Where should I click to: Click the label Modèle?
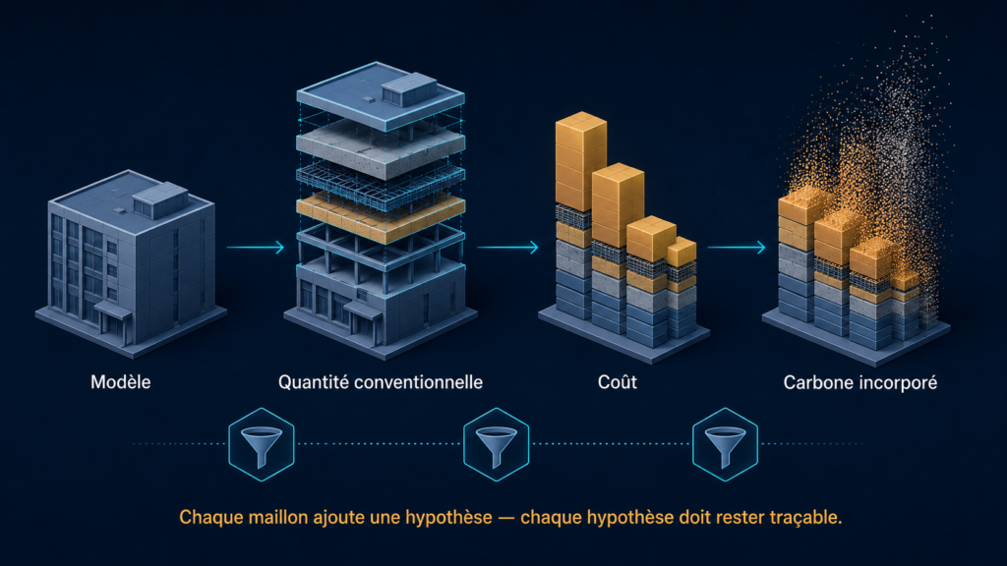click(121, 382)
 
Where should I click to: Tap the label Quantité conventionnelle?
click(381, 382)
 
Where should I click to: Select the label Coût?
click(618, 382)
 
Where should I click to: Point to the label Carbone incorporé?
click(859, 383)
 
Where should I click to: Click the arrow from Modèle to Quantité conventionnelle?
click(255, 247)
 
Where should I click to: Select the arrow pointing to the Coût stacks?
click(508, 247)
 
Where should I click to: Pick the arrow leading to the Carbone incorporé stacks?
click(737, 247)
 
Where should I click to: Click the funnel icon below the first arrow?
click(262, 444)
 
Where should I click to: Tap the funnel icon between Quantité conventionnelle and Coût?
click(496, 444)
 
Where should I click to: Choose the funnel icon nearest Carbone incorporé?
click(725, 444)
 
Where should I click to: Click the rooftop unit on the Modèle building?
click(160, 199)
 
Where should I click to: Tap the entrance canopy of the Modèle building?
click(114, 311)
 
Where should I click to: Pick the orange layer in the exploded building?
click(381, 218)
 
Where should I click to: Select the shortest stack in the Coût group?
click(681, 289)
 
